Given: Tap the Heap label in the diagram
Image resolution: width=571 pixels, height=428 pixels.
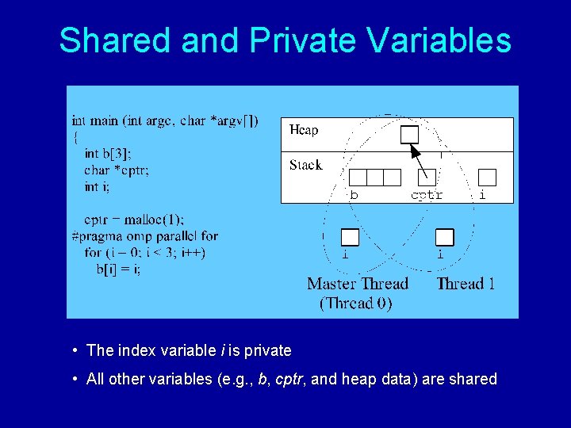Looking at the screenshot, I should click(304, 130).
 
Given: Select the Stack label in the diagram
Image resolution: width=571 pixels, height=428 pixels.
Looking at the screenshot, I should click(305, 165).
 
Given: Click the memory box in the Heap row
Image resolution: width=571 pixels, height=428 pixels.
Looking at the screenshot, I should click(409, 134).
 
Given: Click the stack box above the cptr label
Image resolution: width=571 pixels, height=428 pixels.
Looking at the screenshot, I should click(426, 177).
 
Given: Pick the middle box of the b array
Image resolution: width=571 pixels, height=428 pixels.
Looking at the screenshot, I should click(375, 177).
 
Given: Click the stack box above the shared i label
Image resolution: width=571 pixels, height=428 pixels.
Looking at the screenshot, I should click(487, 177).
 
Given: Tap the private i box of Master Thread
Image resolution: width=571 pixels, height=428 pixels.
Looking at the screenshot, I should click(350, 237).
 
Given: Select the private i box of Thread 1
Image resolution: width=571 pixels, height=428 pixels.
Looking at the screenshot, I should click(445, 237).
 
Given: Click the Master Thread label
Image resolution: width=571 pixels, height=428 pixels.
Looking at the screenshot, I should click(358, 284).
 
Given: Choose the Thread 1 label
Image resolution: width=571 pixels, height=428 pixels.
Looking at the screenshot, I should click(466, 284).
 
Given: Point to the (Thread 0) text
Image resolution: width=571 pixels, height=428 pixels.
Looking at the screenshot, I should click(355, 303).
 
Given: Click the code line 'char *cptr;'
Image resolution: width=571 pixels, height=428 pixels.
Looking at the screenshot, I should click(117, 170).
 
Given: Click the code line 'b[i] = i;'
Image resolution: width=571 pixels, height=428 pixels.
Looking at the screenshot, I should click(119, 269).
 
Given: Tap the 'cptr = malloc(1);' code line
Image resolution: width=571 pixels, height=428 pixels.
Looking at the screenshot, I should click(134, 220).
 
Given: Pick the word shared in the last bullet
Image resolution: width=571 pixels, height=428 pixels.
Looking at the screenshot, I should click(473, 379).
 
